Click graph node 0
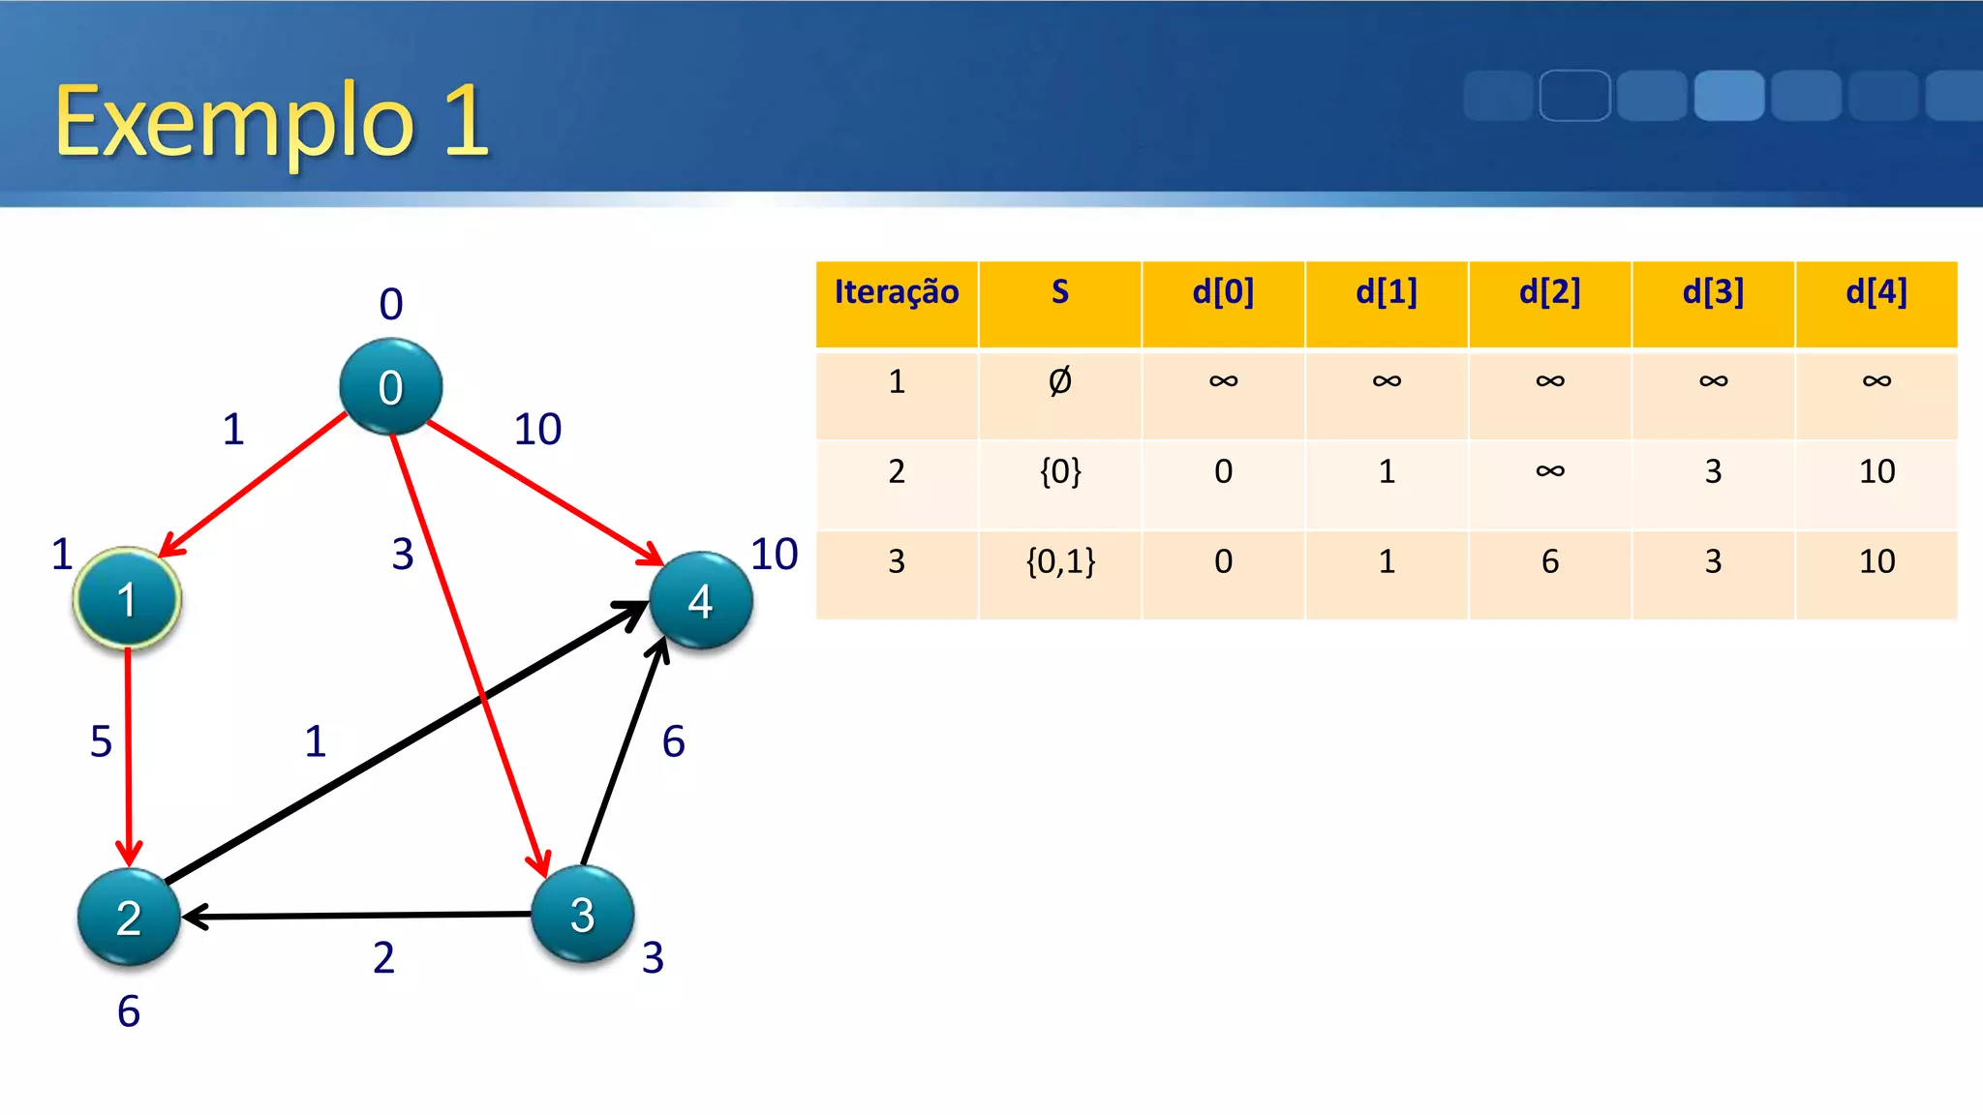390,386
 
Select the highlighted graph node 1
127,599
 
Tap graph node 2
129,917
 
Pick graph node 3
583,914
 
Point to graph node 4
700,601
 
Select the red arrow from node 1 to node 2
128,755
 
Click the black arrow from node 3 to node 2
358,915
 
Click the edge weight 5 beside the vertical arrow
101,741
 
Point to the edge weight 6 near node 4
673,741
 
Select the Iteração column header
897,292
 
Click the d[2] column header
1549,292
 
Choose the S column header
1060,292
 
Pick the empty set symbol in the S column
1060,381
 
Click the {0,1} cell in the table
1060,561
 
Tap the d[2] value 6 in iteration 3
1550,561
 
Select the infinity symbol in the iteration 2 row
1550,471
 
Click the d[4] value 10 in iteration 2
1876,471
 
